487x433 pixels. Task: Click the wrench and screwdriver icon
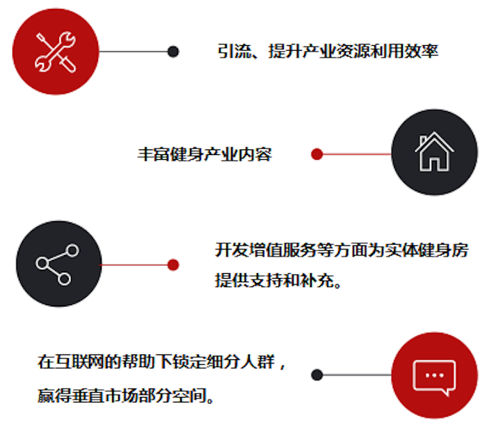pos(56,52)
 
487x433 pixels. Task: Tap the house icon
pos(434,152)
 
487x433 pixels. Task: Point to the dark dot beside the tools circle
pos(173,51)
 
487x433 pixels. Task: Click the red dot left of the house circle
pos(317,154)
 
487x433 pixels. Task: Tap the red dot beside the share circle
pos(173,264)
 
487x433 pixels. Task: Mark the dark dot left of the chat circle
pos(317,375)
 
